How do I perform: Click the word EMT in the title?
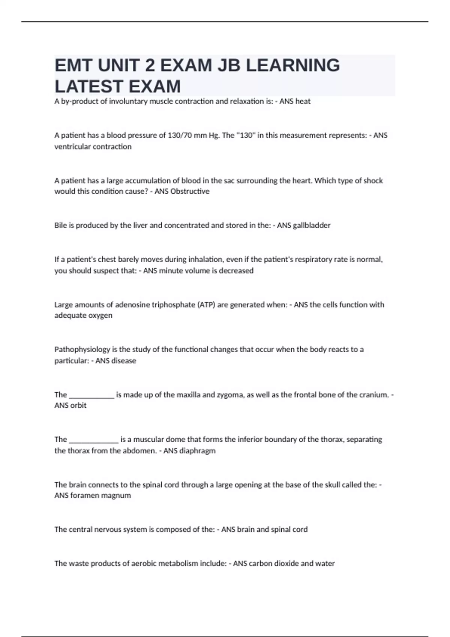(73, 66)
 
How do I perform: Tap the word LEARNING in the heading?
(293, 66)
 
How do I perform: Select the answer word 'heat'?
(303, 101)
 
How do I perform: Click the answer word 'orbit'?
(78, 405)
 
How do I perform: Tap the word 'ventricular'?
(71, 147)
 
